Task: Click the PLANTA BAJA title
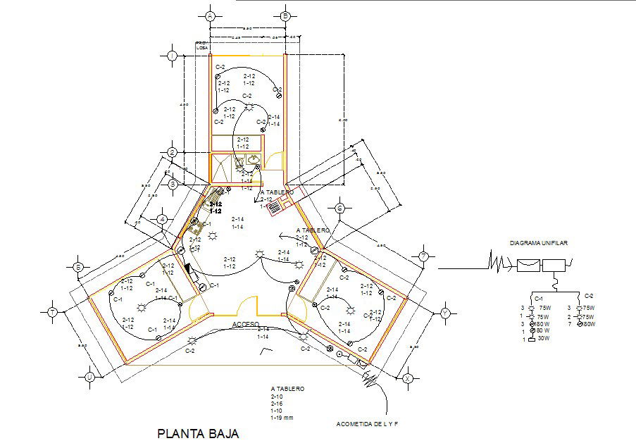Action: (198, 433)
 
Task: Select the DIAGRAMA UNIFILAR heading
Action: (539, 243)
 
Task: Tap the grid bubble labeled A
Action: (211, 15)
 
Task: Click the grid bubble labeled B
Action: (285, 15)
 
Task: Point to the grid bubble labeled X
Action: (408, 378)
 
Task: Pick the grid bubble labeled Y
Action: (444, 313)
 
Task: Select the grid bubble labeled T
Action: (52, 311)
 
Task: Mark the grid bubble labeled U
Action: (89, 378)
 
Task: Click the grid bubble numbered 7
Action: (423, 256)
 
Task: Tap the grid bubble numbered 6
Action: (339, 208)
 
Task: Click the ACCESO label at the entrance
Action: (247, 325)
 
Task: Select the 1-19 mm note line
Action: (283, 418)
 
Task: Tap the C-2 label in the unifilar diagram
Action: (590, 296)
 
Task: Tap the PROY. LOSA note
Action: (202, 45)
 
